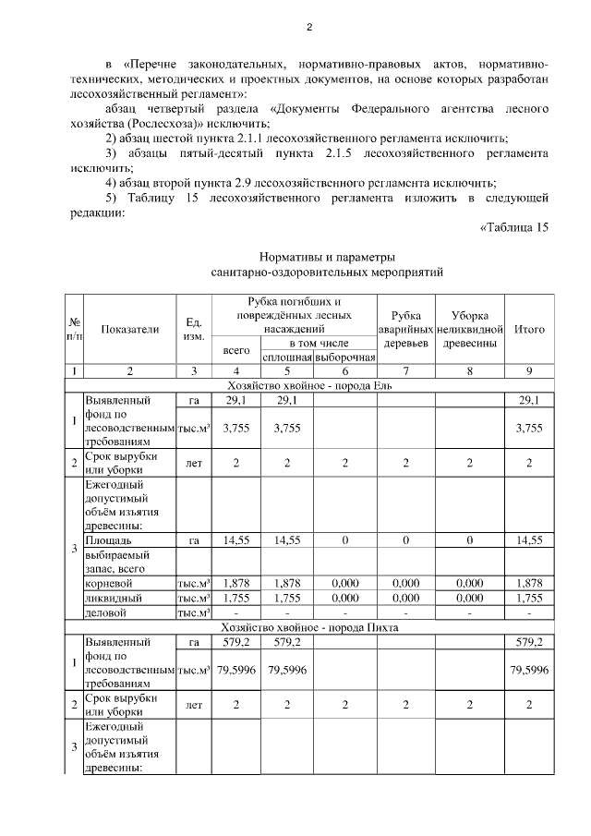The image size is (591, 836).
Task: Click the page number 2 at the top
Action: [309, 27]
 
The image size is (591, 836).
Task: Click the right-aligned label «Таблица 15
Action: [514, 229]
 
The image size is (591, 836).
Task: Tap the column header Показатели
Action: [130, 329]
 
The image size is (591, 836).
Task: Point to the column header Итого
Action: [529, 329]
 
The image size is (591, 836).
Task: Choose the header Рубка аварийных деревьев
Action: [405, 329]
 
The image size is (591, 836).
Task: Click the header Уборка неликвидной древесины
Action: [469, 329]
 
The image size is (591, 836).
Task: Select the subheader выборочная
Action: [344, 357]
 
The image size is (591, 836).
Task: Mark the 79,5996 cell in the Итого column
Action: [529, 670]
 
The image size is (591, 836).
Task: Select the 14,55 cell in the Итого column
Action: [529, 538]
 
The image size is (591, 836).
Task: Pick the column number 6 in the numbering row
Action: [344, 370]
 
